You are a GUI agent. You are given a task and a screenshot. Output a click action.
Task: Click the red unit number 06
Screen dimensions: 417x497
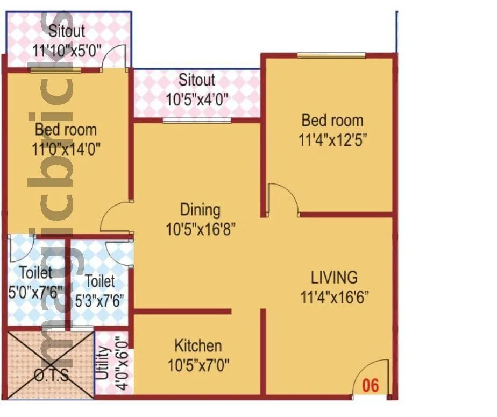click(x=371, y=385)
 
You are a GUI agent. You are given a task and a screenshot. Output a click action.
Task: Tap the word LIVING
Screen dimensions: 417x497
click(x=334, y=278)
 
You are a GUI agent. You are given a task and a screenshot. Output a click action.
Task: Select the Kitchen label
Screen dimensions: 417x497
click(x=198, y=345)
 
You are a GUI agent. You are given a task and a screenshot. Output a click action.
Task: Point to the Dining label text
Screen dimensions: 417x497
click(x=200, y=209)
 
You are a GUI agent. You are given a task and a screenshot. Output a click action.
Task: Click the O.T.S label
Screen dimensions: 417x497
click(x=51, y=375)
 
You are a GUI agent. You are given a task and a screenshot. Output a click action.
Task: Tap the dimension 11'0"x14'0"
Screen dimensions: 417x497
click(x=66, y=149)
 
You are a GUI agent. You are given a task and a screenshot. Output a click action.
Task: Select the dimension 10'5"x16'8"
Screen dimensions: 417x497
click(x=200, y=230)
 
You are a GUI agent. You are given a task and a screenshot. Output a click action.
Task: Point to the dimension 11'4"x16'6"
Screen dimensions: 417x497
click(x=335, y=296)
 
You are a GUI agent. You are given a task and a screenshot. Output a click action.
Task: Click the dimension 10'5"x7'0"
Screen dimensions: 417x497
click(x=198, y=365)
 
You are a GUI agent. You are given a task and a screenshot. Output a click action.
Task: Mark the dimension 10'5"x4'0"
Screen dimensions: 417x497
click(x=197, y=99)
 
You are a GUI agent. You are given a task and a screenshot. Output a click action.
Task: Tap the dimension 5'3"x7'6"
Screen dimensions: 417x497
click(x=100, y=300)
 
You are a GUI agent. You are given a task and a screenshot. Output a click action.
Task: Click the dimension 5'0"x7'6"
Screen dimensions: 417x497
click(x=35, y=293)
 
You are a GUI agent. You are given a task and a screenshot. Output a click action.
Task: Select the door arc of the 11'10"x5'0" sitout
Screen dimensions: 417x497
click(x=115, y=56)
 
